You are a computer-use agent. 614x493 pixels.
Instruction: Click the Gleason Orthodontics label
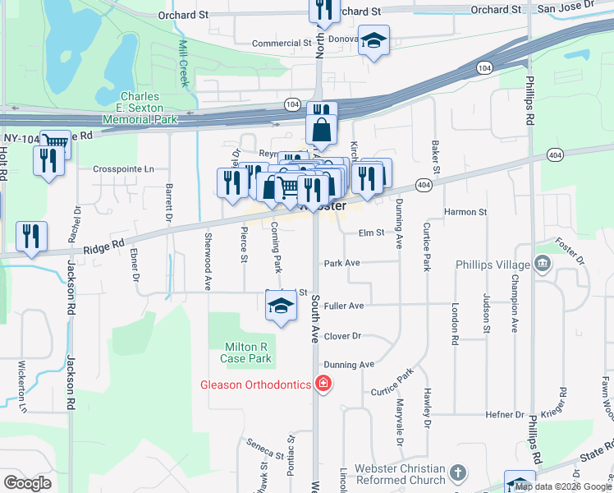[x=256, y=385]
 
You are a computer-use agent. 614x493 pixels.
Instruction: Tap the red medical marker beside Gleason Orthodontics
[x=323, y=384]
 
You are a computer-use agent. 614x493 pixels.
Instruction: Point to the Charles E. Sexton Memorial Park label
[x=140, y=108]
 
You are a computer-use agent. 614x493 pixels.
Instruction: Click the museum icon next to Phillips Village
[x=542, y=263]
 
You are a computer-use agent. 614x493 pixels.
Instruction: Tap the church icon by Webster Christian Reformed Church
[x=458, y=473]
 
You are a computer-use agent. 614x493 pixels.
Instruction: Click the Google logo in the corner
[x=27, y=483]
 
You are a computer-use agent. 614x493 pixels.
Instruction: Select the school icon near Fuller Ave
[x=281, y=306]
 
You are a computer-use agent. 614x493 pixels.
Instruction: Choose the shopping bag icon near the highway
[x=321, y=129]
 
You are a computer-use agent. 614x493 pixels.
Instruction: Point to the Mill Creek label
[x=184, y=62]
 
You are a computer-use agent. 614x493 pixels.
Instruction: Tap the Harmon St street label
[x=465, y=212]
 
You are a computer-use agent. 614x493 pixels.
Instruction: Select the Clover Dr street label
[x=342, y=337]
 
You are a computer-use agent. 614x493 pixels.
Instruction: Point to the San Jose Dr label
[x=566, y=9]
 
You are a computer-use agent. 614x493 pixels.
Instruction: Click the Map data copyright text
[x=563, y=486]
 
